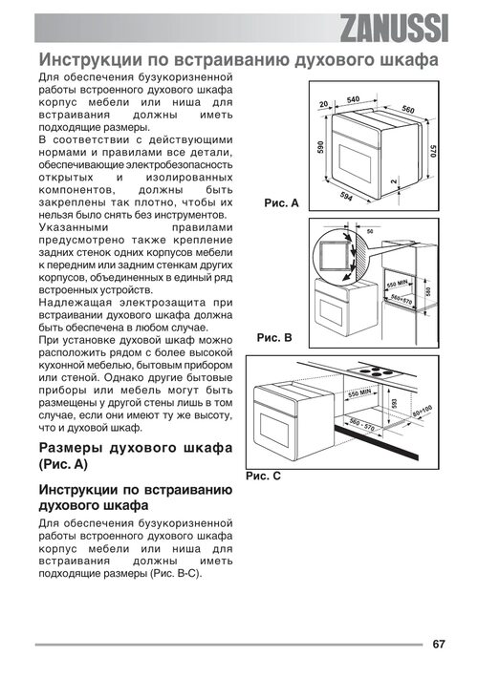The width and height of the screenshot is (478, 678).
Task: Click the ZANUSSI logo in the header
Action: pos(394,29)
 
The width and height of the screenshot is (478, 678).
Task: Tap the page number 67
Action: pos(439,645)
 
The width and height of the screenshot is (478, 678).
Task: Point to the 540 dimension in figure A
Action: pos(353,100)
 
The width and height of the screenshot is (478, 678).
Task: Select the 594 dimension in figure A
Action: pos(346,196)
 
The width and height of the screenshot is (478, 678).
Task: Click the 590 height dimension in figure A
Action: pos(320,147)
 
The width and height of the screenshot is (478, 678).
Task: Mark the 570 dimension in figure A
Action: pos(433,151)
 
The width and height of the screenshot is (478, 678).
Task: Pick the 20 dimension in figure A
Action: pos(323,104)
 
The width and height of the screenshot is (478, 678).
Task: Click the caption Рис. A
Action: pos(282,202)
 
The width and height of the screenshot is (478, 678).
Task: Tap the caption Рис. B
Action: pos(274,337)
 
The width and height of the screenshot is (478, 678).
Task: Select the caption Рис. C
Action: pos(263,476)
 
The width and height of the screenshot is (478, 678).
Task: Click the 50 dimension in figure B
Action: pos(370,231)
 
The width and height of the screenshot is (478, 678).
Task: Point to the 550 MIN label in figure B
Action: pos(397,285)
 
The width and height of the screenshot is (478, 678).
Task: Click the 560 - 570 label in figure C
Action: pos(362,424)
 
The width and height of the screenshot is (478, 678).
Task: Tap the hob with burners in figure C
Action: pos(375,371)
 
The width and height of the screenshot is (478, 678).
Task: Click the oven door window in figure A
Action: pos(355,159)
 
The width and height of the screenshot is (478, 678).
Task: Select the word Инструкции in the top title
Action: pos(91,59)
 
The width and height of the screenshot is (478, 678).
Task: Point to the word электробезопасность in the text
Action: pos(179,165)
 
